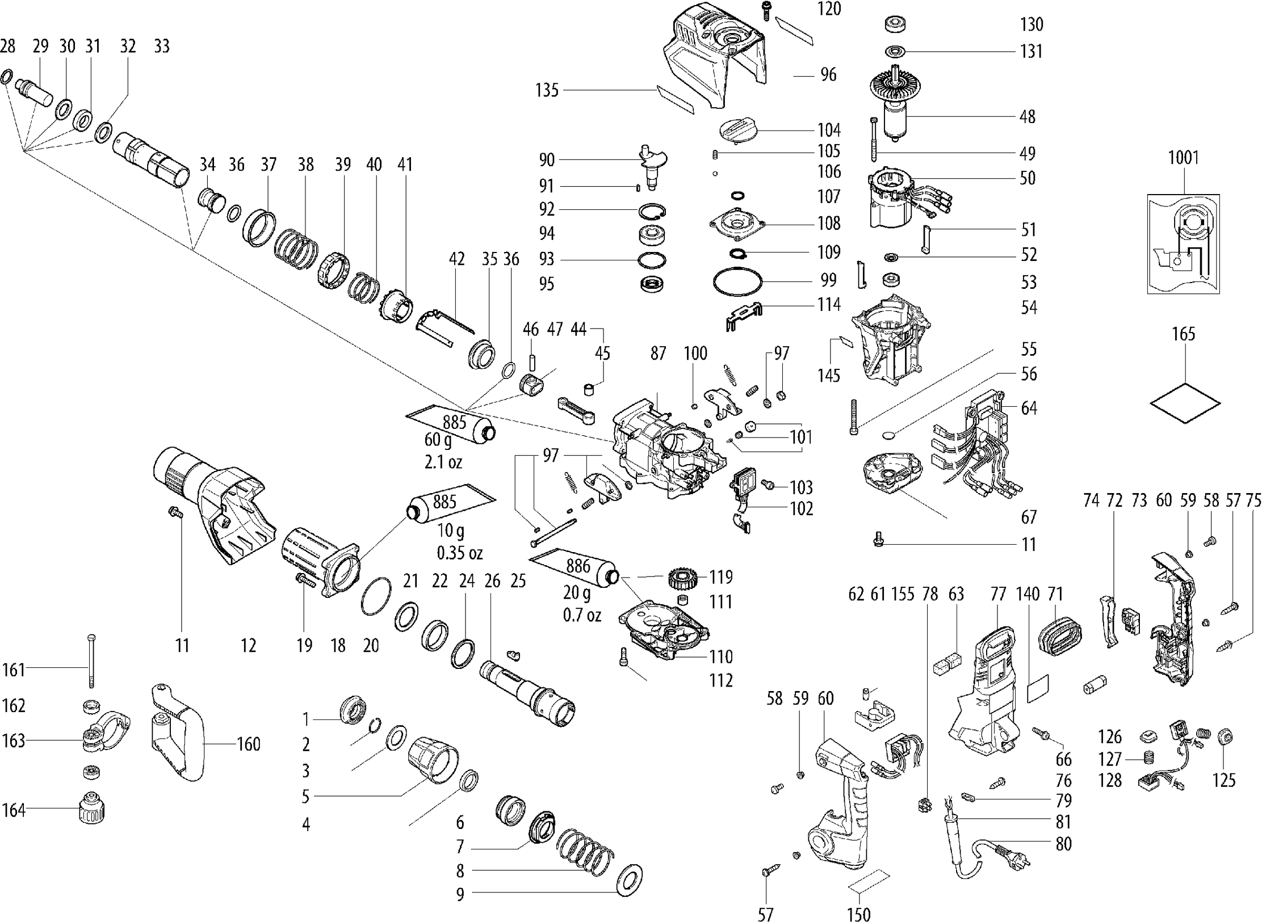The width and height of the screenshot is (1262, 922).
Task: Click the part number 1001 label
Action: (1183, 157)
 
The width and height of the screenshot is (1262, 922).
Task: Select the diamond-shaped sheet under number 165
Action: (1185, 403)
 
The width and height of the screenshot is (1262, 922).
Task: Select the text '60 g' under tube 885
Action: (438, 440)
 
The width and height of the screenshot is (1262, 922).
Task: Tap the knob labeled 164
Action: (90, 808)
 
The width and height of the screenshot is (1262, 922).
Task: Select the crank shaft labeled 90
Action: (653, 167)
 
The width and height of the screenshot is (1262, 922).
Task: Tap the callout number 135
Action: (547, 90)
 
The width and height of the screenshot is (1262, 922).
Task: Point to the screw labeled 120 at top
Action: (767, 10)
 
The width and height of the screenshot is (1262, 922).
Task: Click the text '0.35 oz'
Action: (459, 552)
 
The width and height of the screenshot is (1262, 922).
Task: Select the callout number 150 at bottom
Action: (858, 915)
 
